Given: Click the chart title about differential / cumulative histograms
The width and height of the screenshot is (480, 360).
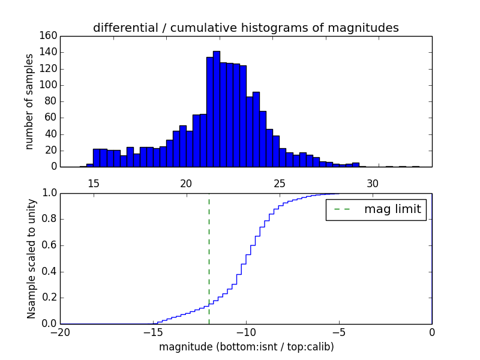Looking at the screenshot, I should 245,28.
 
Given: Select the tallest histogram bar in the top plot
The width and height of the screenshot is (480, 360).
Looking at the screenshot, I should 217,109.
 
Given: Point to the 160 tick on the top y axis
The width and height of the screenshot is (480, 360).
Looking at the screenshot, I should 50,36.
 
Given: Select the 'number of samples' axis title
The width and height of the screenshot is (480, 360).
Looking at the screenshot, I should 29,101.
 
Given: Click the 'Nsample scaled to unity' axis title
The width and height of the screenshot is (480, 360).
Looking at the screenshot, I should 31,258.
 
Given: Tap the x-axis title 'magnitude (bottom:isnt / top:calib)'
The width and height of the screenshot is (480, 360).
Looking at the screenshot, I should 246,346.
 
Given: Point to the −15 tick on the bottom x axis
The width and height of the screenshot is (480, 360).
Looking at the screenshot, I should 152,332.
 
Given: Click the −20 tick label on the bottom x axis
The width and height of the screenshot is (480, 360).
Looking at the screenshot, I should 60,332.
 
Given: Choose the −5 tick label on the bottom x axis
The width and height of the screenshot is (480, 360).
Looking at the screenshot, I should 338,332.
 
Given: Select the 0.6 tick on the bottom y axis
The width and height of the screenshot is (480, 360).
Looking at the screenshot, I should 49,245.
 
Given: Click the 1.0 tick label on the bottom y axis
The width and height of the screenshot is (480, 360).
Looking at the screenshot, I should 49,193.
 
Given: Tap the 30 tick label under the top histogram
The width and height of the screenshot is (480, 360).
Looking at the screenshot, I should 373,183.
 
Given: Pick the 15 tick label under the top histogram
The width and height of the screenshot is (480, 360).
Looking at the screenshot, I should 94,183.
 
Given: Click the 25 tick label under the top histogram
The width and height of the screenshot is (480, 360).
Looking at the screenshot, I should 280,183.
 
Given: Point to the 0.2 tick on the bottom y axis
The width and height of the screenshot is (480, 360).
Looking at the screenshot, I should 49,298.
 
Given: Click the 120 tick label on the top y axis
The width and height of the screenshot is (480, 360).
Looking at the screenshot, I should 50,68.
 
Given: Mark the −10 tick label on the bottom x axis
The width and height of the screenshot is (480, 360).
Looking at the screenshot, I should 245,332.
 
